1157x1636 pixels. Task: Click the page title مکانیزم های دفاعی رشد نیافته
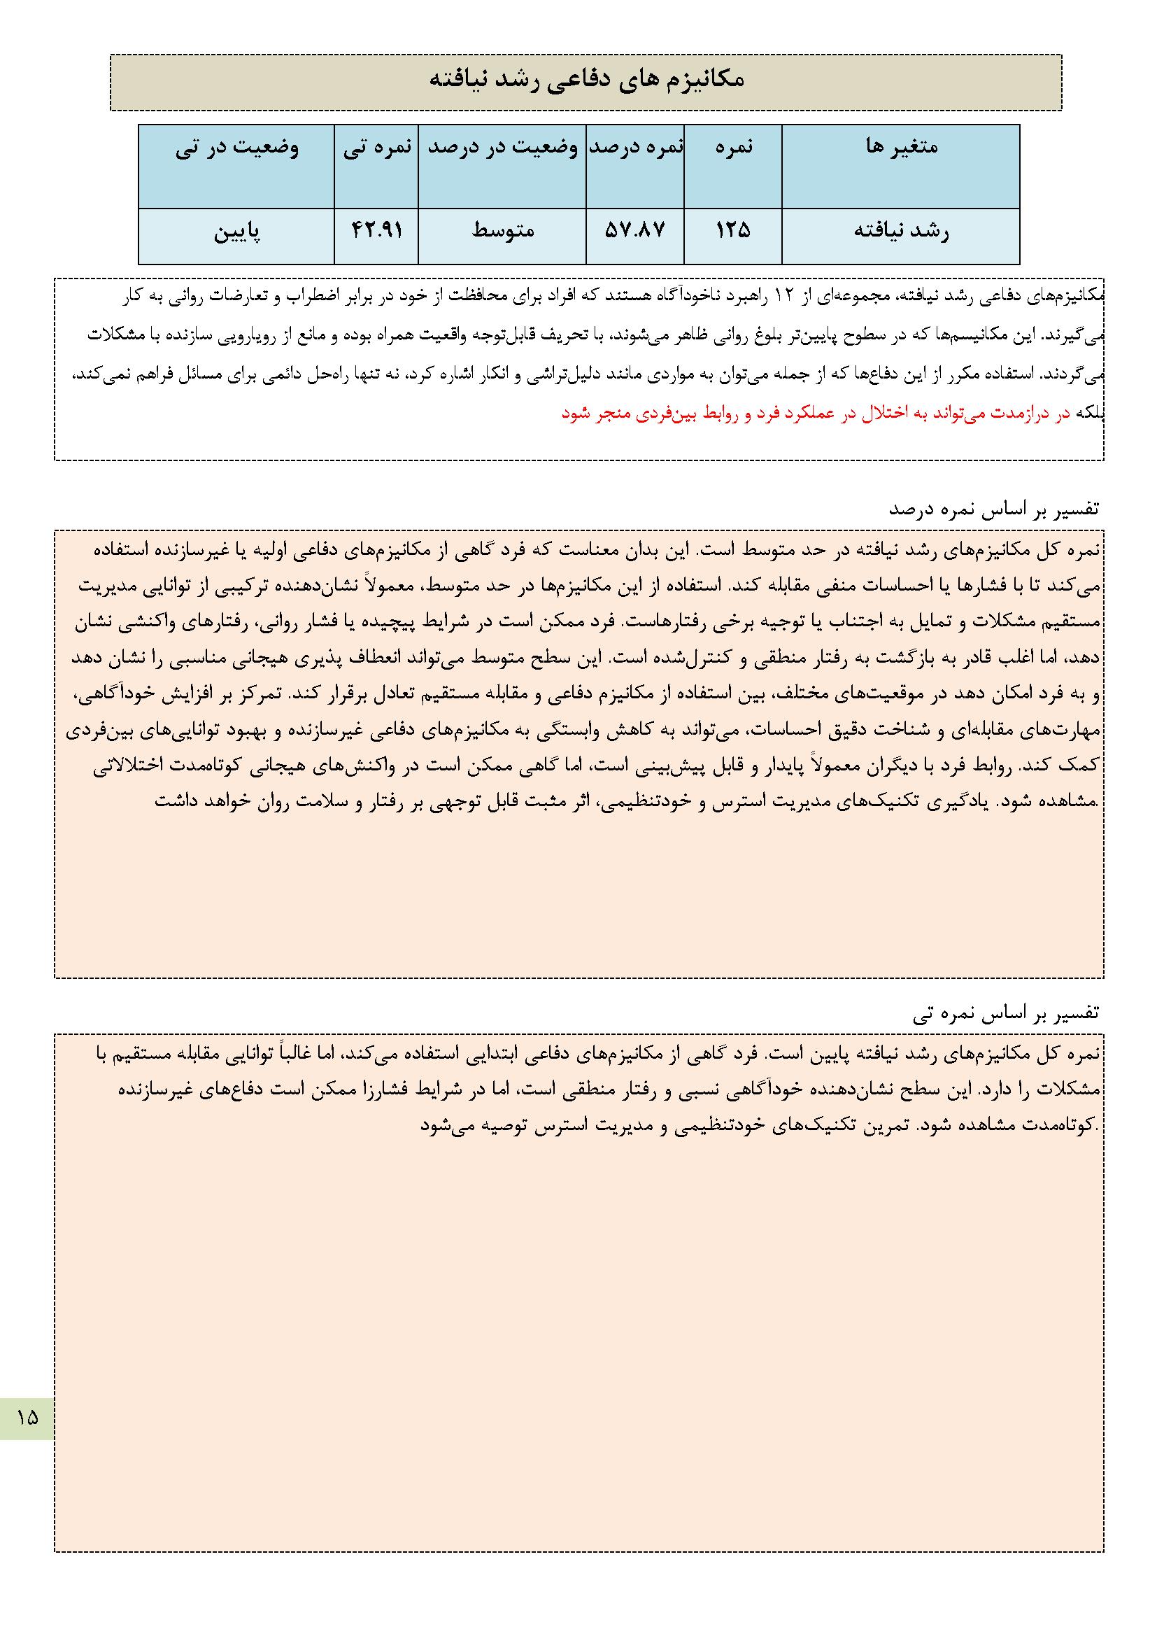[585, 80]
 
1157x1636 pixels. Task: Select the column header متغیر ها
[901, 147]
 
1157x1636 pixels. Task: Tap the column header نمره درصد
[634, 147]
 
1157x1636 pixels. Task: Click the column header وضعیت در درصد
[502, 147]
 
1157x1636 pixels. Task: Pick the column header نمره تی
[377, 147]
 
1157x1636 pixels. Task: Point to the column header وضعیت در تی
[237, 147]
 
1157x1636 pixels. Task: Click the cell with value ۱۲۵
[732, 231]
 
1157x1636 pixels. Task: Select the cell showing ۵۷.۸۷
[634, 231]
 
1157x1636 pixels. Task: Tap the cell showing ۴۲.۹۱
[377, 231]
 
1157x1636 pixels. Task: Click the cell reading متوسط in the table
[502, 231]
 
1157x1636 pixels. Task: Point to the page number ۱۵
[27, 1417]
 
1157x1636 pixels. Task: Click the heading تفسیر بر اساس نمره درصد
[993, 509]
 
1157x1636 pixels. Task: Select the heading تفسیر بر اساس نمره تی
[1005, 1013]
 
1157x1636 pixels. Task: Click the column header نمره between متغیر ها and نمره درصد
[732, 147]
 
